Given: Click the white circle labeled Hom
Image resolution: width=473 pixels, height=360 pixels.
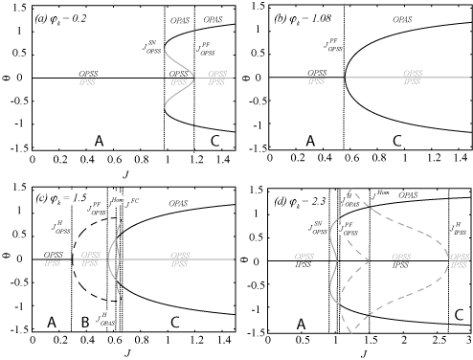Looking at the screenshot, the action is [117, 199].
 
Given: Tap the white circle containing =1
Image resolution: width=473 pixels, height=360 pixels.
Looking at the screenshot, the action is [73, 197].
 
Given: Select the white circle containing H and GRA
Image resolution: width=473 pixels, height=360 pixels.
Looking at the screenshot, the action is [105, 317].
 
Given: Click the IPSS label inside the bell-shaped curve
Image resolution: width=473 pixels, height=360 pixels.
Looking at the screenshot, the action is [179, 82].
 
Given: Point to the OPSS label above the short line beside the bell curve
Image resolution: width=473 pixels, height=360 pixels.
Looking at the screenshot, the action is [216, 74].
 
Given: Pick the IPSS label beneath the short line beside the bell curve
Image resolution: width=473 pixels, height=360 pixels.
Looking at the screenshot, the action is [216, 83].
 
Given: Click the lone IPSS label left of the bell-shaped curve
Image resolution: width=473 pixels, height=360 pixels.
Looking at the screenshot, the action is [86, 82].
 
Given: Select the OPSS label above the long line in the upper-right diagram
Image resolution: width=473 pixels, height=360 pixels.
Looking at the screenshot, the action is [413, 73].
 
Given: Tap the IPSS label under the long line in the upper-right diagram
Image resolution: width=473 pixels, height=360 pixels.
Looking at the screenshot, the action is [412, 82].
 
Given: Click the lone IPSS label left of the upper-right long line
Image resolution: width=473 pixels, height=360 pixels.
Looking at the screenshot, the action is [315, 81].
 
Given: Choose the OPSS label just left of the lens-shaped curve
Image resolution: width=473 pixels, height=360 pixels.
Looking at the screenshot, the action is [90, 255].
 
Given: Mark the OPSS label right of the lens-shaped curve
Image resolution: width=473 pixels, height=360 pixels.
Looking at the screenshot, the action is [180, 255].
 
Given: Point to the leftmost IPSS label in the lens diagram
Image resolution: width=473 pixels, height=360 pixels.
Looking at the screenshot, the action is [52, 262].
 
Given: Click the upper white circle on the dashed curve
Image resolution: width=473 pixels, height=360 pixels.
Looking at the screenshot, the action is [346, 200].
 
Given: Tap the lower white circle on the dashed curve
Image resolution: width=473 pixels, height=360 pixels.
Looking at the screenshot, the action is [343, 230].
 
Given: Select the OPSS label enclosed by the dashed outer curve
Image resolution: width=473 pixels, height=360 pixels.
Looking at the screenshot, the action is [402, 257].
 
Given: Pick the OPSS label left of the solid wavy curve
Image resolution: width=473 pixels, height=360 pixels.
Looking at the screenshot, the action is [304, 257].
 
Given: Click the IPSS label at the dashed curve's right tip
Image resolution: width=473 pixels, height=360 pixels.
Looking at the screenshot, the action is [460, 264].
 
